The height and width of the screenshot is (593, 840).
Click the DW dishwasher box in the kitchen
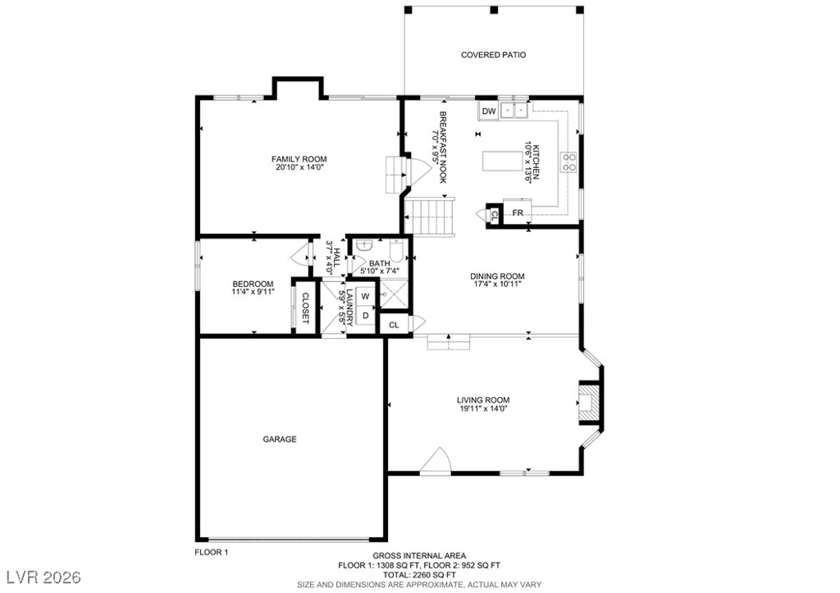(489, 112)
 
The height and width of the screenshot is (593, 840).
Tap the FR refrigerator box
(517, 212)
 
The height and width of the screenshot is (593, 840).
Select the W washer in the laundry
(365, 296)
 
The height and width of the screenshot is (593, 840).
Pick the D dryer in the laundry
(365, 316)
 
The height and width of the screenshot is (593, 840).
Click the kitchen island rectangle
(503, 162)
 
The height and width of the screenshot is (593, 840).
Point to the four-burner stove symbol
(568, 162)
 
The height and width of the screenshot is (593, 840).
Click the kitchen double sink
(514, 111)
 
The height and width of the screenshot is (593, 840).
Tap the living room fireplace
(589, 403)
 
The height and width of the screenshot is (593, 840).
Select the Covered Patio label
(493, 55)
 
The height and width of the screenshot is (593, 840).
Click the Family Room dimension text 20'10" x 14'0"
(299, 167)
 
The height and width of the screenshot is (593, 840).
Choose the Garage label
(280, 440)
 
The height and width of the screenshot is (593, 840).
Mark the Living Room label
(483, 400)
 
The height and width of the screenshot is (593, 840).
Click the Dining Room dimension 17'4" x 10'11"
(496, 285)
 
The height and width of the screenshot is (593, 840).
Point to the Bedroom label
(253, 284)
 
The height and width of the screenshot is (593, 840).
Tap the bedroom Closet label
(305, 308)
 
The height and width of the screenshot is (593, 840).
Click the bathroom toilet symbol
(396, 251)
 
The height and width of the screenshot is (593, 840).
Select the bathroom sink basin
(364, 246)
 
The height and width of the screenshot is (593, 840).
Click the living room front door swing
(435, 461)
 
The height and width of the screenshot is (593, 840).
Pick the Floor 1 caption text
(211, 552)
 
